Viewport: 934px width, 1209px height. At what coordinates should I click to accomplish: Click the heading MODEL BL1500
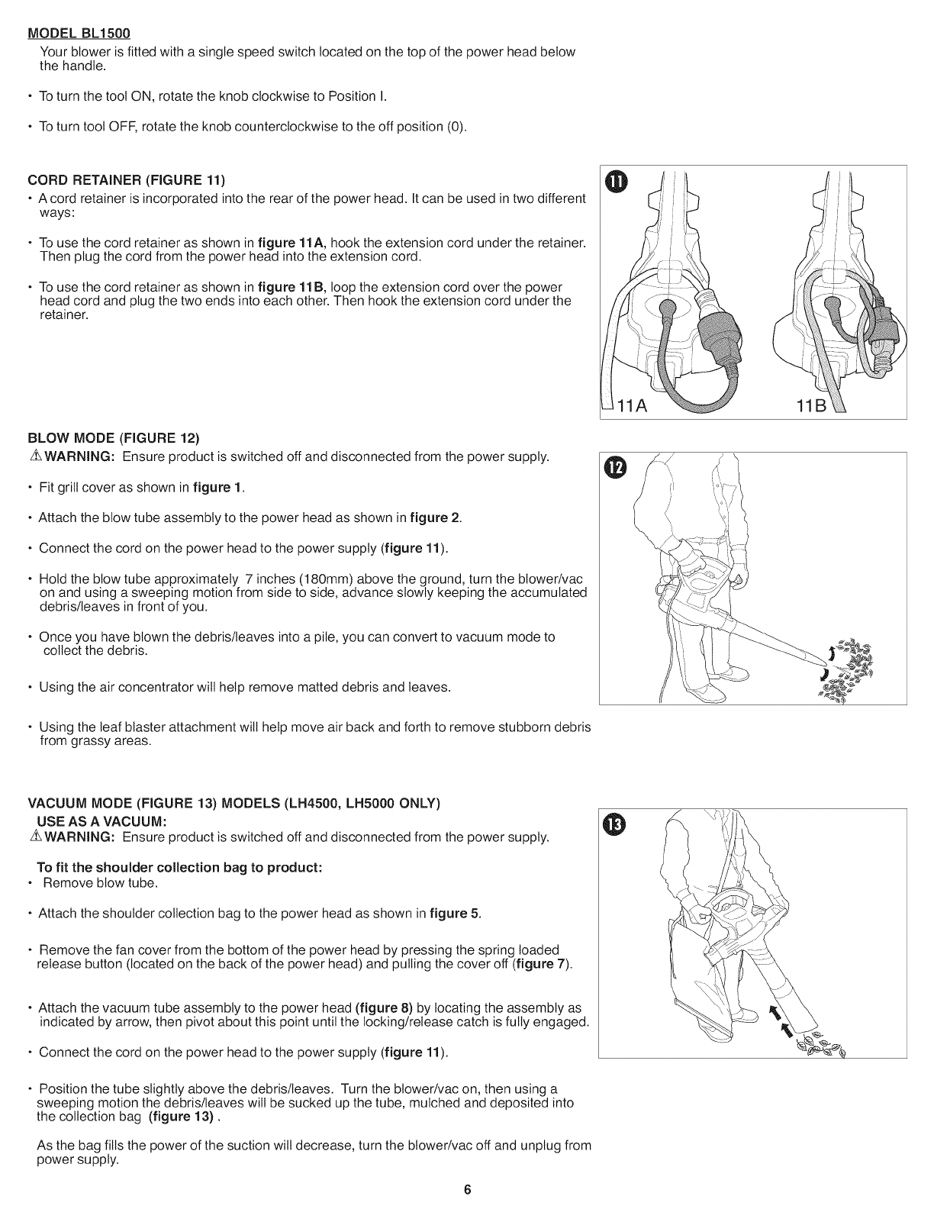tap(79, 34)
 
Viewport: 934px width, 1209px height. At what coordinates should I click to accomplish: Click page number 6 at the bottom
tap(468, 1189)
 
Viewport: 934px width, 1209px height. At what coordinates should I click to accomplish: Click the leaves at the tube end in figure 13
tap(823, 1042)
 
